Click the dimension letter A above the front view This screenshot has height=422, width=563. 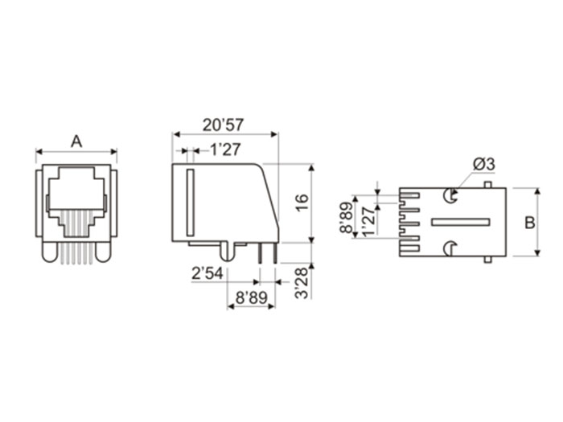tap(76, 141)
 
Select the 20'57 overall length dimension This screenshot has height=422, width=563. tap(224, 125)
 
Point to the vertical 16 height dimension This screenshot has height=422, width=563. tap(301, 203)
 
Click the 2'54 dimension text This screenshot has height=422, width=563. tap(207, 275)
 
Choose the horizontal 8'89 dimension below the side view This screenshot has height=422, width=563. tap(251, 297)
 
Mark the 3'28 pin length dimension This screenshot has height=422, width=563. tap(301, 283)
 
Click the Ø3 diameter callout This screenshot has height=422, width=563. tap(483, 163)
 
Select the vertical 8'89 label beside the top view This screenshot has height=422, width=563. tap(346, 217)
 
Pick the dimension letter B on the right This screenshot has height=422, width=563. tap(529, 223)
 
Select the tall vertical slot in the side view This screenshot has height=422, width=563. tap(190, 203)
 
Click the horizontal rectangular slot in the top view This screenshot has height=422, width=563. tap(460, 222)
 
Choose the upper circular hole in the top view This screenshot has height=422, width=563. tap(451, 195)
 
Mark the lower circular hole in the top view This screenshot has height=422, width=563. tap(451, 249)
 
